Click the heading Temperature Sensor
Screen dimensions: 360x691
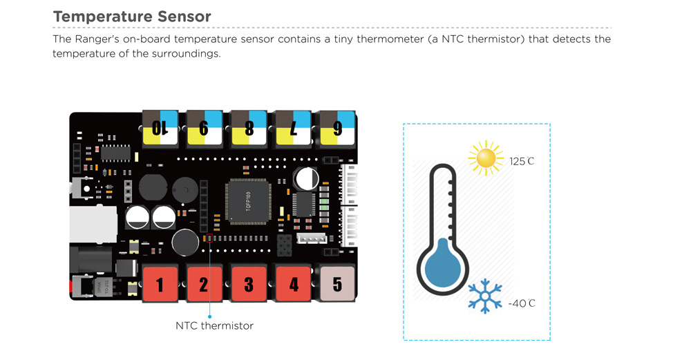pyautogui.click(x=132, y=16)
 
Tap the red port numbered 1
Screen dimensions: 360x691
pyautogui.click(x=160, y=283)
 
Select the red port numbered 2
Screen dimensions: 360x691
pyautogui.click(x=204, y=283)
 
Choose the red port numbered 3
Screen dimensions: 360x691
pyautogui.click(x=248, y=283)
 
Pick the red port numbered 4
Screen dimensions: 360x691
pyautogui.click(x=293, y=283)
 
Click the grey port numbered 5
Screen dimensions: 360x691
pyautogui.click(x=337, y=283)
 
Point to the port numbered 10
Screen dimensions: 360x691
pyautogui.click(x=160, y=128)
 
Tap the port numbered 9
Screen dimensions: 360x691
pyautogui.click(x=204, y=128)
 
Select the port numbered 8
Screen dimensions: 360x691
pyautogui.click(x=249, y=128)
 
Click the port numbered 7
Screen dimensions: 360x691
pyautogui.click(x=293, y=128)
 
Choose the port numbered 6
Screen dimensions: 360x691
pyautogui.click(x=337, y=128)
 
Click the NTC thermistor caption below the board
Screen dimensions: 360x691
pyautogui.click(x=214, y=325)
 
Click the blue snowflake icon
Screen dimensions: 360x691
pyautogui.click(x=485, y=296)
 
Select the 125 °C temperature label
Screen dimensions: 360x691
pyautogui.click(x=522, y=162)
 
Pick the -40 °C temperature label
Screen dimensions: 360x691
pyautogui.click(x=522, y=303)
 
